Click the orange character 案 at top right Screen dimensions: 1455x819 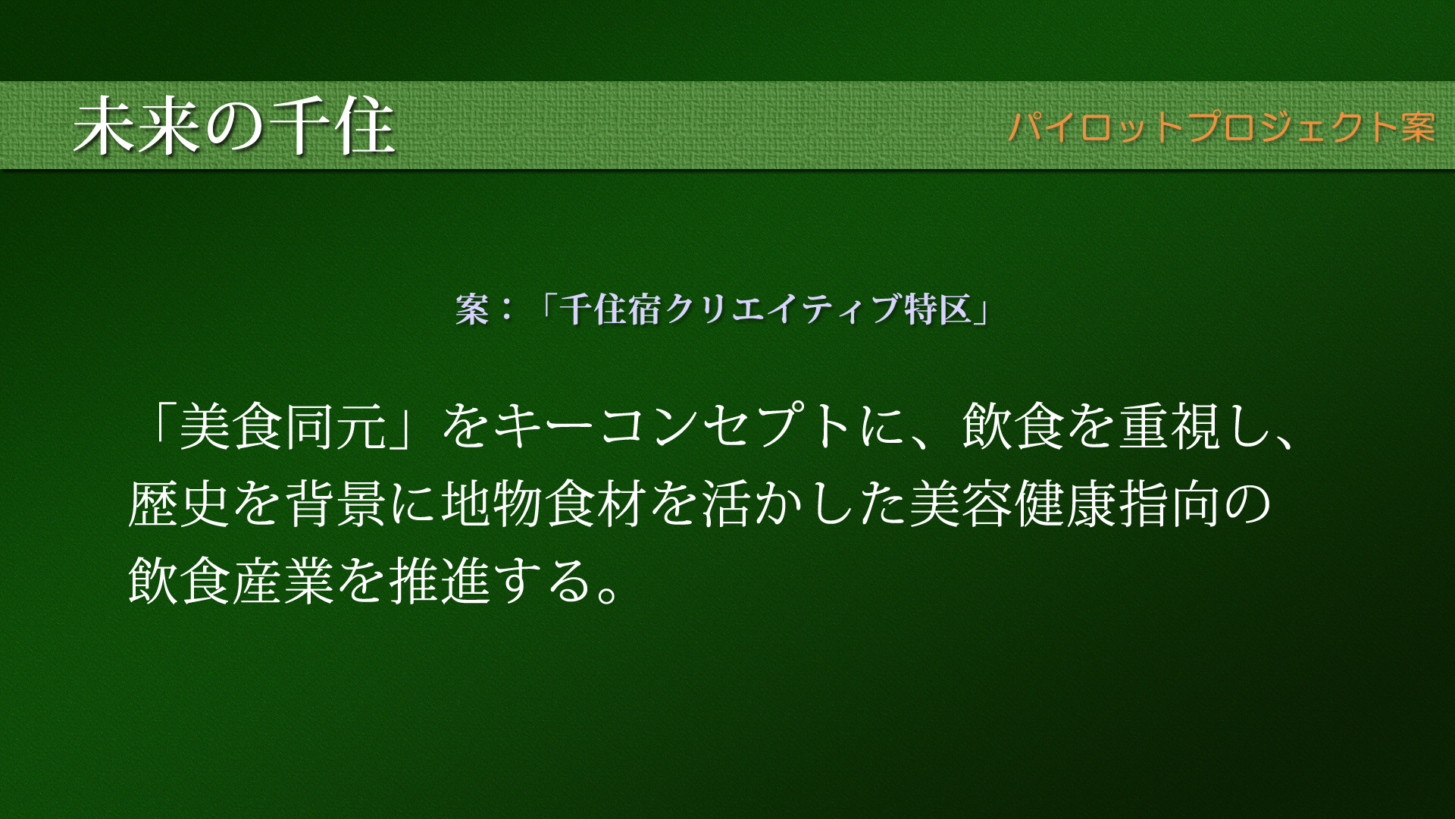[x=1418, y=127]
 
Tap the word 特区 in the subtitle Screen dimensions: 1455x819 [x=938, y=309]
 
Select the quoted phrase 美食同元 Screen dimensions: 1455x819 [x=283, y=426]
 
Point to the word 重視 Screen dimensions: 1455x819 [x=1170, y=426]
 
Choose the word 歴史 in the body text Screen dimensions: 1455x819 [x=180, y=504]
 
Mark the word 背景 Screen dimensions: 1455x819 [x=336, y=504]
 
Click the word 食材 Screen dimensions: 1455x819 [x=596, y=504]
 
